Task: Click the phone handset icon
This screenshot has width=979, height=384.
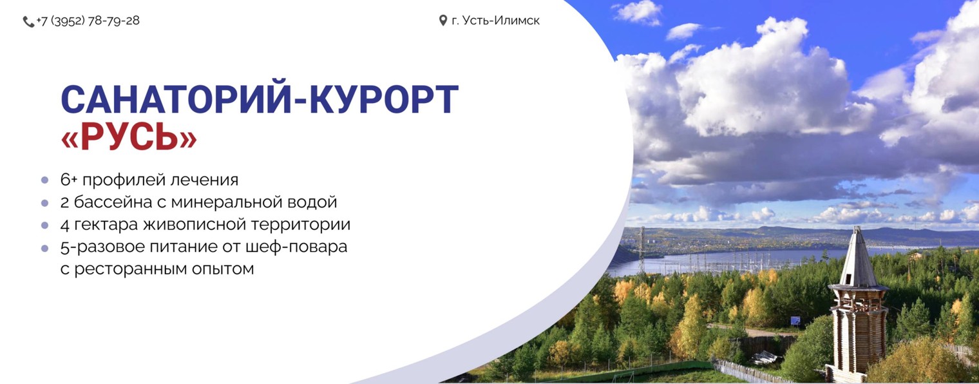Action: [x=28, y=21]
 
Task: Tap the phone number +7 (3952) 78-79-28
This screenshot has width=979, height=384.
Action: [x=88, y=21]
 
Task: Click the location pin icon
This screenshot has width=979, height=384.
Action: [x=443, y=21]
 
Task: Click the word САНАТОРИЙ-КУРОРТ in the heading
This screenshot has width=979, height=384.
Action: [x=260, y=100]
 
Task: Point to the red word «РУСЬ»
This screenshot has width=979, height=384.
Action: [x=129, y=137]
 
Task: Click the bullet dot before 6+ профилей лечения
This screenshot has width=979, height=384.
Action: [x=44, y=180]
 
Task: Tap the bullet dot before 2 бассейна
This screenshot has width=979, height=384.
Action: [x=44, y=202]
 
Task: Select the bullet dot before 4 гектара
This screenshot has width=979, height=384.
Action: [x=44, y=225]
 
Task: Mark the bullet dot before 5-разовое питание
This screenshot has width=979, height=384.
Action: [x=44, y=247]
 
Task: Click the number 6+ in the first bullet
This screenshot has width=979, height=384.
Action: [x=69, y=180]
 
